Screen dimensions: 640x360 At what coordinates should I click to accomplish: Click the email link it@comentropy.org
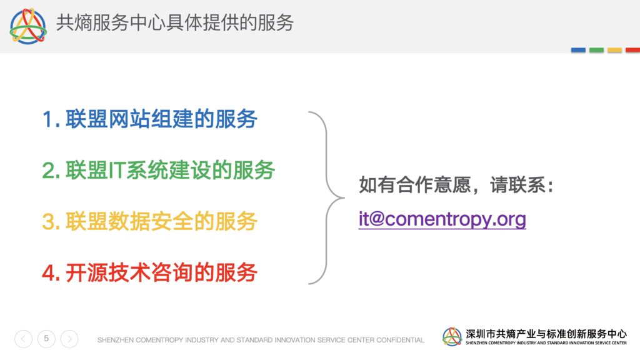coord(442,219)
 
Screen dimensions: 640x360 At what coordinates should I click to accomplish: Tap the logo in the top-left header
coord(28,26)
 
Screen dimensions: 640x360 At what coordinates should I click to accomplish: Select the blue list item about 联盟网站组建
coord(149,119)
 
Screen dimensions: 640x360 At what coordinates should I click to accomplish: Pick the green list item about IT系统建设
coord(158,170)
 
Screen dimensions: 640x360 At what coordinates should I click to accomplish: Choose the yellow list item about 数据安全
coord(149,222)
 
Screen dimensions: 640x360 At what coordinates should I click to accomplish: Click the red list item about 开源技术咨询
coord(149,272)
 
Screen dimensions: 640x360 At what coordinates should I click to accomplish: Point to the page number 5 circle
coord(46,338)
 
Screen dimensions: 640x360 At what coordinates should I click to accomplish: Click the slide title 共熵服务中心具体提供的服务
coord(175,22)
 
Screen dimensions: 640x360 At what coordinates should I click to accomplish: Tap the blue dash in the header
coord(578,50)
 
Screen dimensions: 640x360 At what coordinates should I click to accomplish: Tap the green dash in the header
coord(596,50)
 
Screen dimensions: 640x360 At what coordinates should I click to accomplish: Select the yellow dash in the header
coord(615,50)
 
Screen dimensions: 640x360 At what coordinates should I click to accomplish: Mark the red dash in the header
coord(632,50)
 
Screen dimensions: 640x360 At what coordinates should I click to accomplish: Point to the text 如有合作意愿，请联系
coord(452,185)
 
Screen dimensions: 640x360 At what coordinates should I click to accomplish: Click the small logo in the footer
coord(452,337)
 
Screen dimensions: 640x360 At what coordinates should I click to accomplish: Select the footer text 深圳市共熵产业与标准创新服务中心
coord(546,334)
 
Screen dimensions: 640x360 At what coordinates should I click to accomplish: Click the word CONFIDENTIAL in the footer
coord(400,340)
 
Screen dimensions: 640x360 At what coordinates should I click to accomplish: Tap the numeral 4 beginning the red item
coord(49,273)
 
